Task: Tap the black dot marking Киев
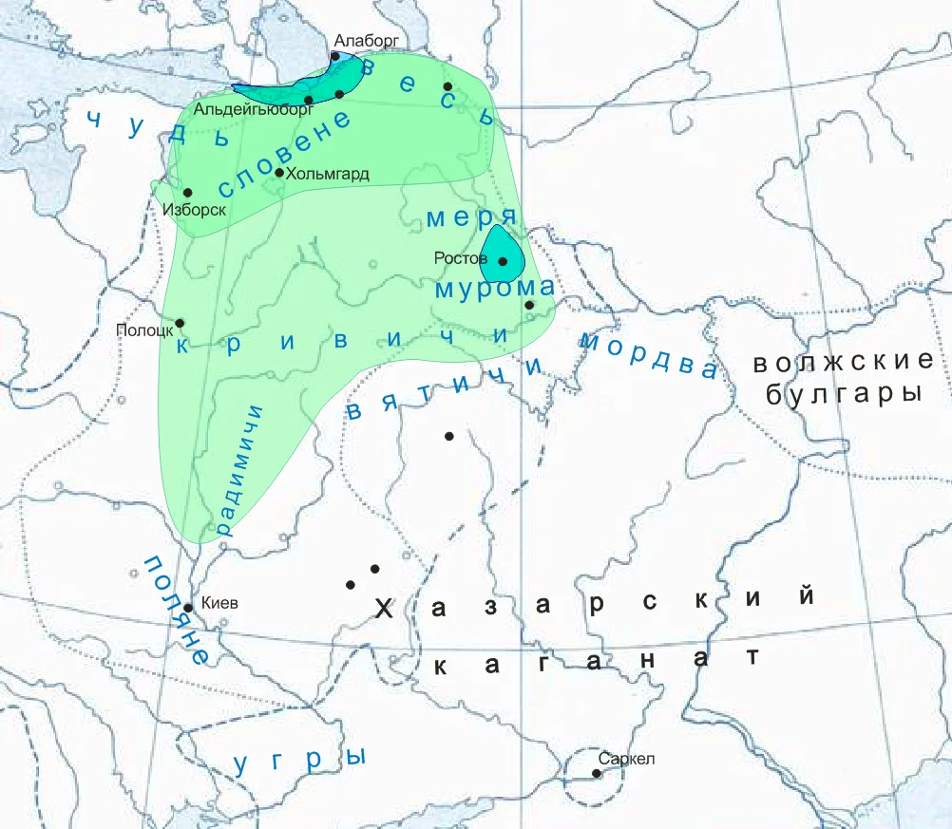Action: pyautogui.click(x=188, y=608)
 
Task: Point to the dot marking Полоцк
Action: pyautogui.click(x=180, y=323)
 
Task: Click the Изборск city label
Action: pyautogui.click(x=194, y=210)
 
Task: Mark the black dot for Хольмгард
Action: pyautogui.click(x=279, y=172)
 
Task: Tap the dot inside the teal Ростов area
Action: pyautogui.click(x=503, y=261)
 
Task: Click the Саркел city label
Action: pyautogui.click(x=627, y=759)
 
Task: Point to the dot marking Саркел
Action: pyautogui.click(x=597, y=773)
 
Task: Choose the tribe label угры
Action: pyautogui.click(x=301, y=760)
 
